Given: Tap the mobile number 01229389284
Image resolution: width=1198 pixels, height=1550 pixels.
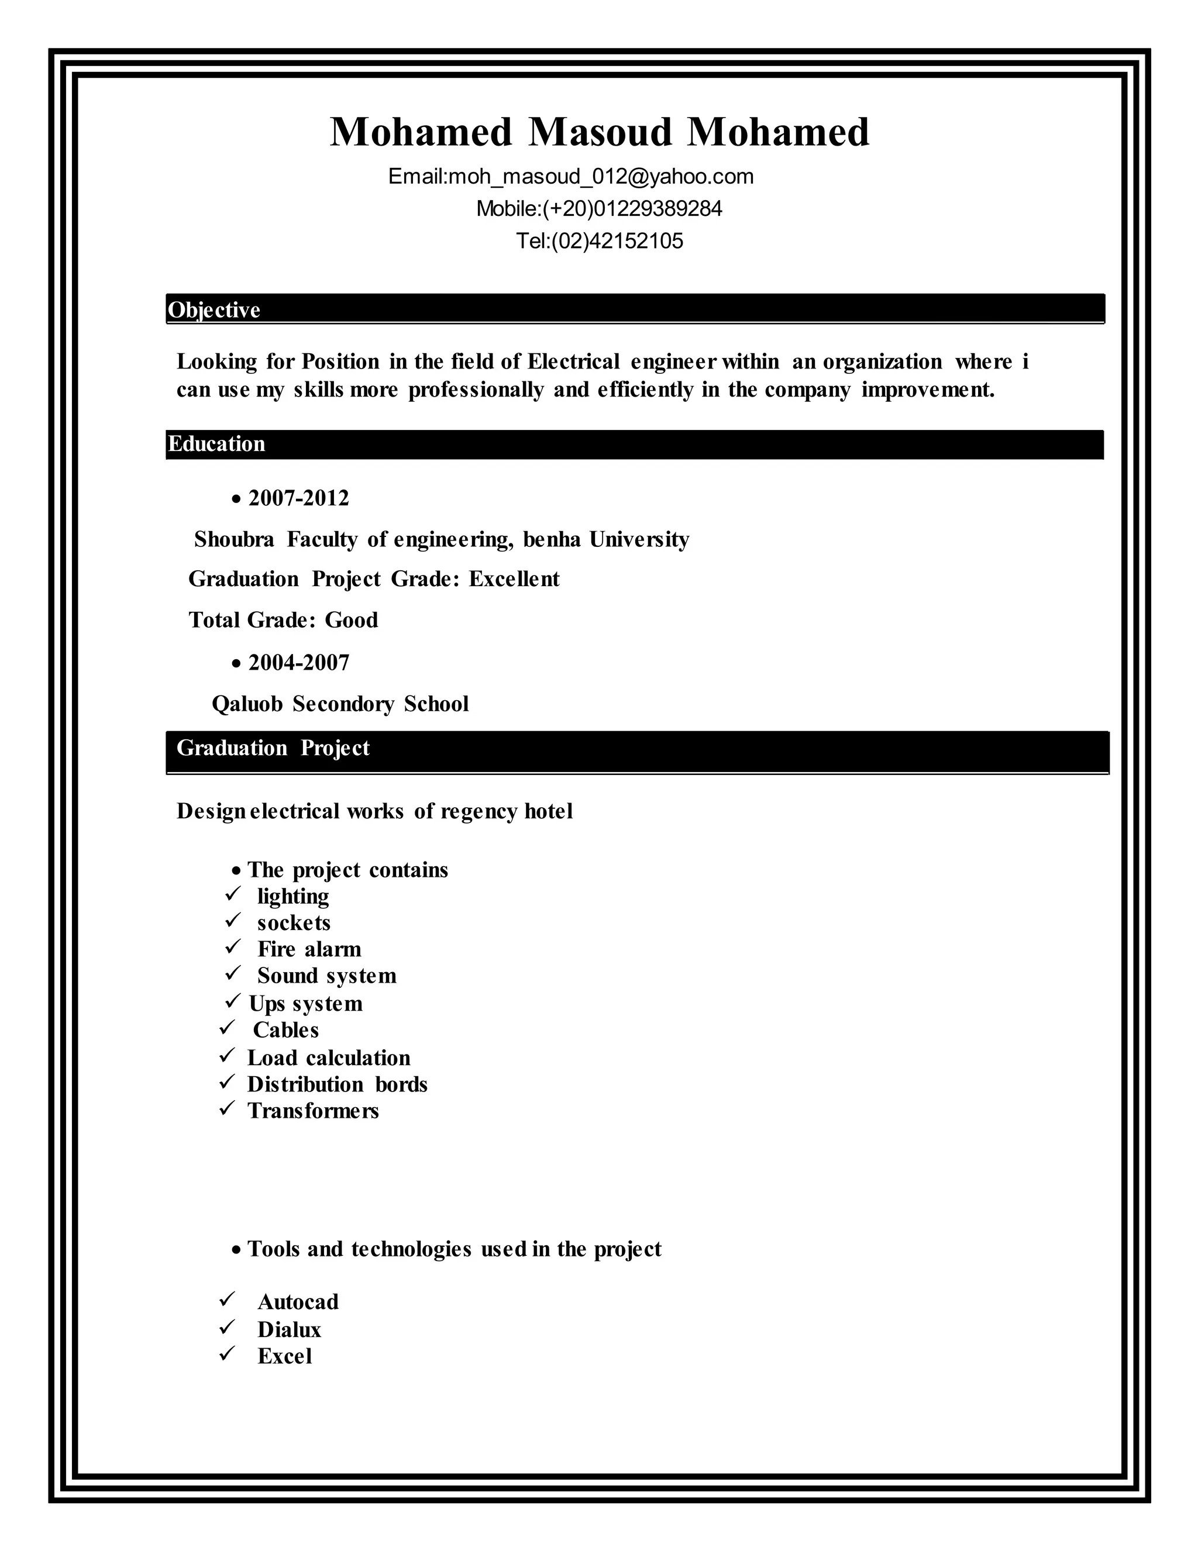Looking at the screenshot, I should pyautogui.click(x=657, y=209).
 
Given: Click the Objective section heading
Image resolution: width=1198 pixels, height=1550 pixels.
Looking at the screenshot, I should pyautogui.click(x=214, y=310).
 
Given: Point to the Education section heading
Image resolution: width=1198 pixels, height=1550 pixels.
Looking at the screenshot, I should pyautogui.click(x=216, y=445).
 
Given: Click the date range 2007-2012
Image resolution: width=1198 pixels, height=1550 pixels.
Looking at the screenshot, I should pyautogui.click(x=299, y=498).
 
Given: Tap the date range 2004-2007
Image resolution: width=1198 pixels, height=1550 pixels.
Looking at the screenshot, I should pyautogui.click(x=299, y=663).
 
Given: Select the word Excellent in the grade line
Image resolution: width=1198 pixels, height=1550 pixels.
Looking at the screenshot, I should pyautogui.click(x=514, y=579).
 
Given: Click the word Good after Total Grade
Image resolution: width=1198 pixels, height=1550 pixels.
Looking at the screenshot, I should pyautogui.click(x=352, y=620).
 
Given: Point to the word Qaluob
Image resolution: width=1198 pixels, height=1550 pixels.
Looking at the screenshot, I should pyautogui.click(x=247, y=704).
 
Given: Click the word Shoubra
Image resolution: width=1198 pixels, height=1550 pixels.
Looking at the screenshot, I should pyautogui.click(x=234, y=539).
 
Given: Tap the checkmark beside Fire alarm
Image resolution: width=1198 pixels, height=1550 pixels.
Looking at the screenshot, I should pyautogui.click(x=232, y=947).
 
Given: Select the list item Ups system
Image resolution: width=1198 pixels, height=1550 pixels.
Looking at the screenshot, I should pyautogui.click(x=305, y=1004).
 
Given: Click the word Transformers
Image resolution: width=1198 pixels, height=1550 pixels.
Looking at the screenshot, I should pyautogui.click(x=313, y=1111).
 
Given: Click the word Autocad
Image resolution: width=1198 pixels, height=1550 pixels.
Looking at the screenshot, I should pyautogui.click(x=298, y=1303).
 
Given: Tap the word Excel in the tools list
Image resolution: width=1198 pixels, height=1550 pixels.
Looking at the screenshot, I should pyautogui.click(x=285, y=1356).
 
